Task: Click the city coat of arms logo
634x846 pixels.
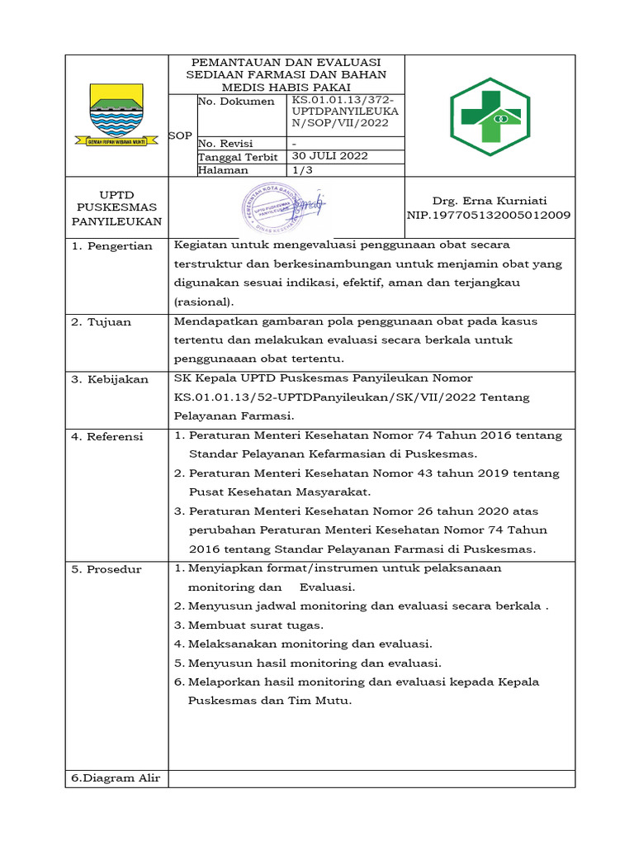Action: point(116,115)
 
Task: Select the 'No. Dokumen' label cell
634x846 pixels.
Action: point(236,102)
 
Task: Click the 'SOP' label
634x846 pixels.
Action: point(180,135)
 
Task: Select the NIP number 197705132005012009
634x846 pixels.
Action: point(489,215)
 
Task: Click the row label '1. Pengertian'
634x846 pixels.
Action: point(111,246)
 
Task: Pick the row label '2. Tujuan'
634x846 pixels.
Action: point(102,321)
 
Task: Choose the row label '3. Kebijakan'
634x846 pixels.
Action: point(110,378)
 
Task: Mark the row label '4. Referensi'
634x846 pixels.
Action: point(108,435)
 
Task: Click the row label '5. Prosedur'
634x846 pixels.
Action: point(106,568)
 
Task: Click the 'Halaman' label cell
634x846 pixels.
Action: point(224,169)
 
